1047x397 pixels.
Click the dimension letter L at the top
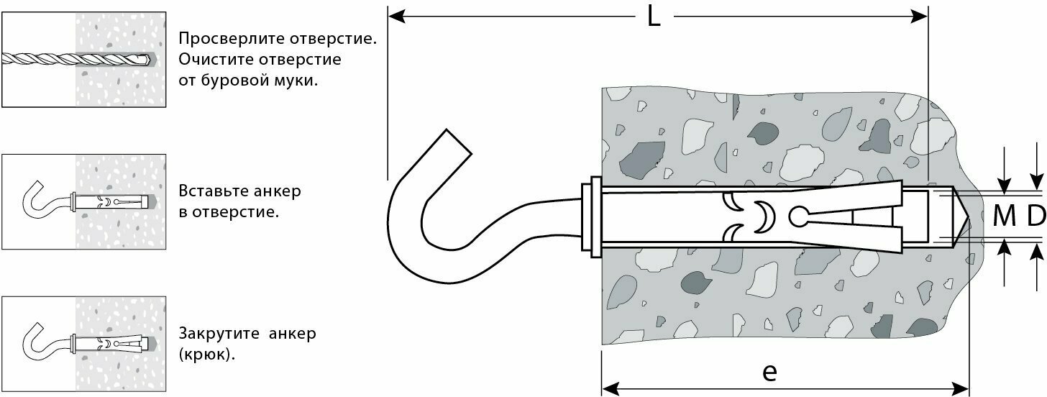653,17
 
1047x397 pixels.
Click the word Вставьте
211,192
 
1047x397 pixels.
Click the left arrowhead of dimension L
395,15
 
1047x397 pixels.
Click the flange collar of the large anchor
594,216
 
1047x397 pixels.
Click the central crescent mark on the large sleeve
760,216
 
